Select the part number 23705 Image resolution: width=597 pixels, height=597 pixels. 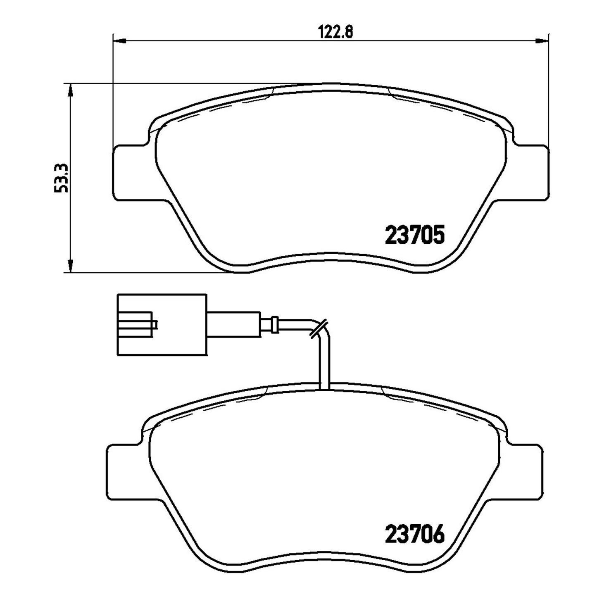(x=414, y=234)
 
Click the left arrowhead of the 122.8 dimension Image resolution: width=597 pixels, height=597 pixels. (x=119, y=40)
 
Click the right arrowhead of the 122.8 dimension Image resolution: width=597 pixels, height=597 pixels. (x=542, y=40)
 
